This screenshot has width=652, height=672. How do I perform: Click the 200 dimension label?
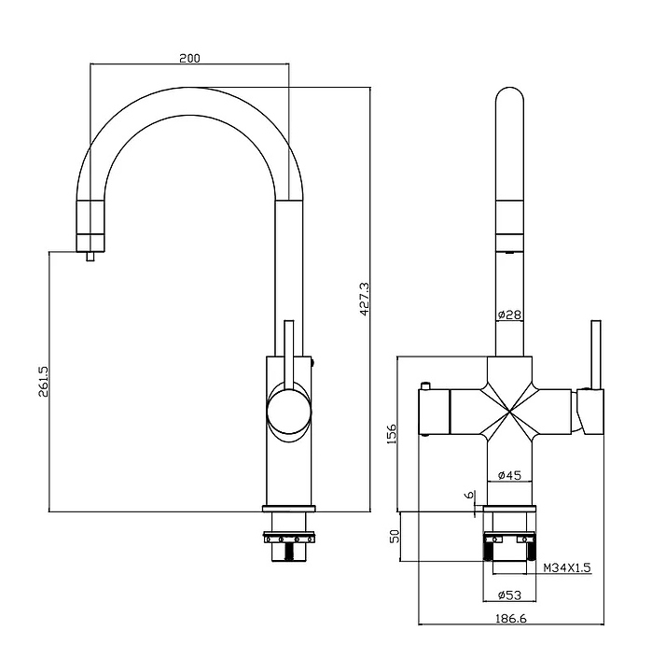pyautogui.click(x=189, y=58)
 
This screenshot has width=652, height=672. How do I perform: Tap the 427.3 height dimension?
pyautogui.click(x=364, y=299)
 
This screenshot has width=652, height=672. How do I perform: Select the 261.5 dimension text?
pyautogui.click(x=44, y=381)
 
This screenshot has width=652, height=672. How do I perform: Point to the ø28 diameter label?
pyautogui.click(x=509, y=315)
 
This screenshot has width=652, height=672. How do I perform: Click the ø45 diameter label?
pyautogui.click(x=509, y=475)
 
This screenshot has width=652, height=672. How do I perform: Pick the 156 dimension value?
pyautogui.click(x=392, y=434)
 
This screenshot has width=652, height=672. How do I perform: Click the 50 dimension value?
pyautogui.click(x=395, y=536)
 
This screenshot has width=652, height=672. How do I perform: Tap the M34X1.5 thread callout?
pyautogui.click(x=567, y=567)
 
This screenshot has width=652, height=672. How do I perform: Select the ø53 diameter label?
pyautogui.click(x=509, y=595)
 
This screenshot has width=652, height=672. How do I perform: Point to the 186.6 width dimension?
pyautogui.click(x=510, y=619)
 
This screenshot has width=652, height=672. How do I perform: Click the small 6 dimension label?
pyautogui.click(x=469, y=495)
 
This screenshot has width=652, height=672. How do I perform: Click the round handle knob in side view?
pyautogui.click(x=289, y=412)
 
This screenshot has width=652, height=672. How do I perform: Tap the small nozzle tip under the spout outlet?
pyautogui.click(x=90, y=257)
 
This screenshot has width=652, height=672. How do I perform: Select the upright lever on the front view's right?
pyautogui.click(x=596, y=355)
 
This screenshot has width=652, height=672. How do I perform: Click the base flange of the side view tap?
pyautogui.click(x=289, y=510)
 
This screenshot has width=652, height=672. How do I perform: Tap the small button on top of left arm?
pyautogui.click(x=425, y=385)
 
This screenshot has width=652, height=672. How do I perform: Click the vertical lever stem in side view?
pyautogui.click(x=289, y=355)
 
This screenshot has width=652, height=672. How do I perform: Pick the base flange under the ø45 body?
pyautogui.click(x=509, y=510)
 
